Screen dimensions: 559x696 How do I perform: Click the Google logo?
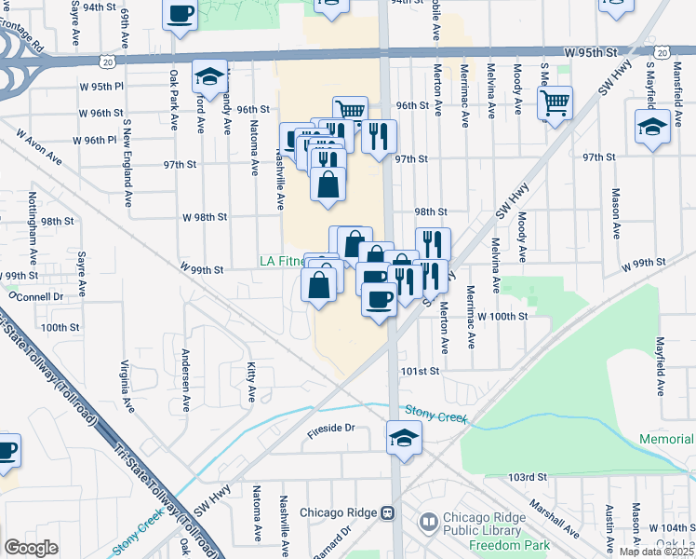(x=32, y=548)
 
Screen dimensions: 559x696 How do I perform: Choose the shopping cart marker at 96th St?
(x=350, y=112)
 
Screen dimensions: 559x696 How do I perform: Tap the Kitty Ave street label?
(x=250, y=383)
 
